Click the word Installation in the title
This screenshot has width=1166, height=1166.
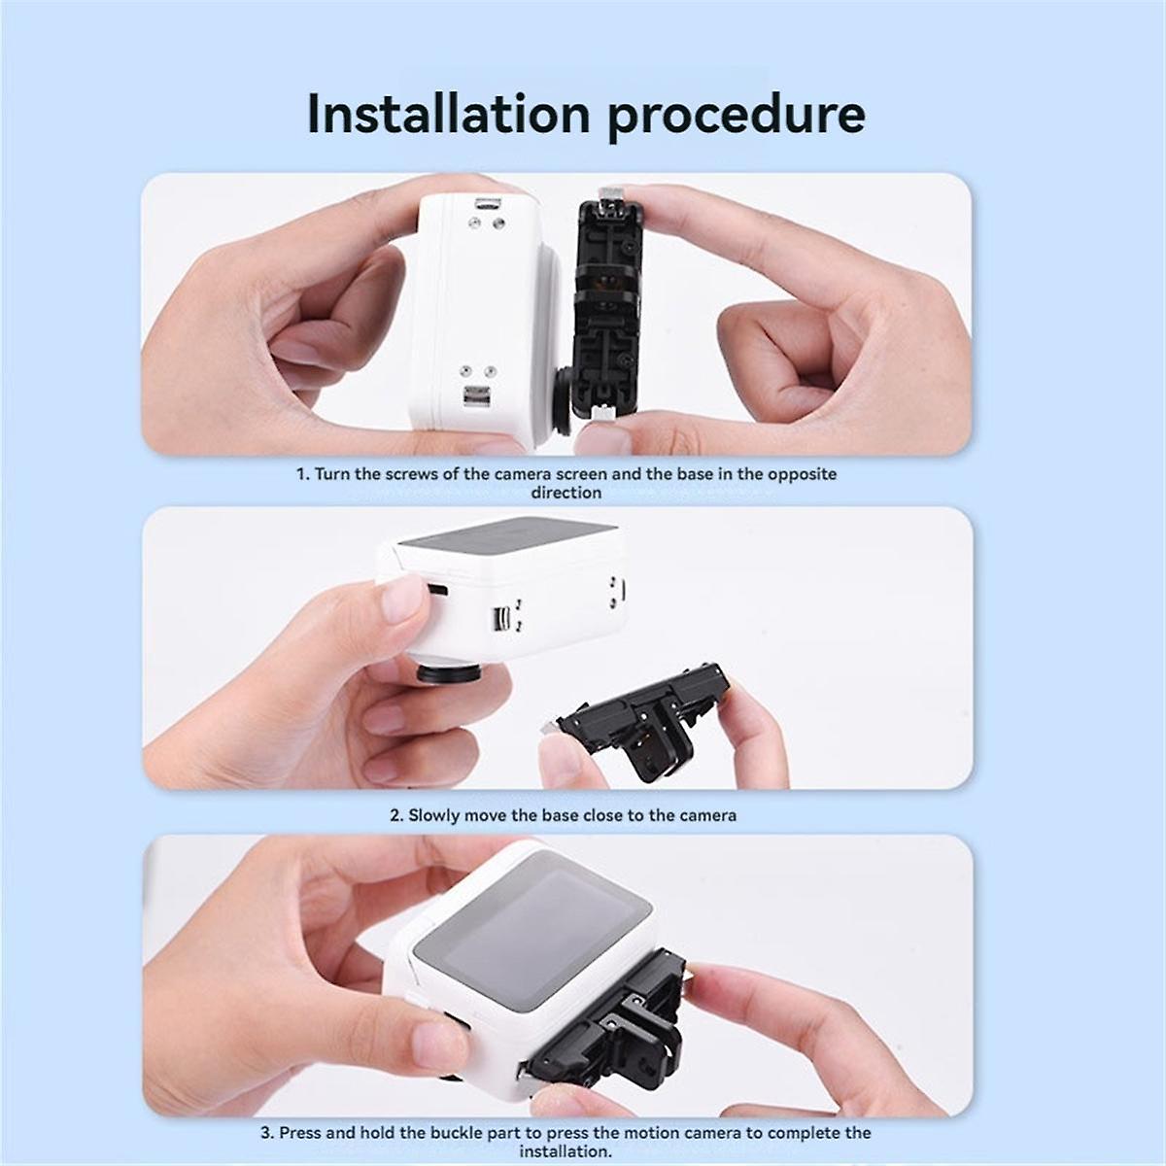[447, 114]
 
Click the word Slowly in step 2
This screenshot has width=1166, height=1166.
[436, 815]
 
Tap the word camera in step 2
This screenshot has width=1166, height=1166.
[708, 815]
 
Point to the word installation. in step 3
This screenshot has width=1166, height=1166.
[565, 1151]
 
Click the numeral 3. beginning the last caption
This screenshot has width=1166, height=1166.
[267, 1133]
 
